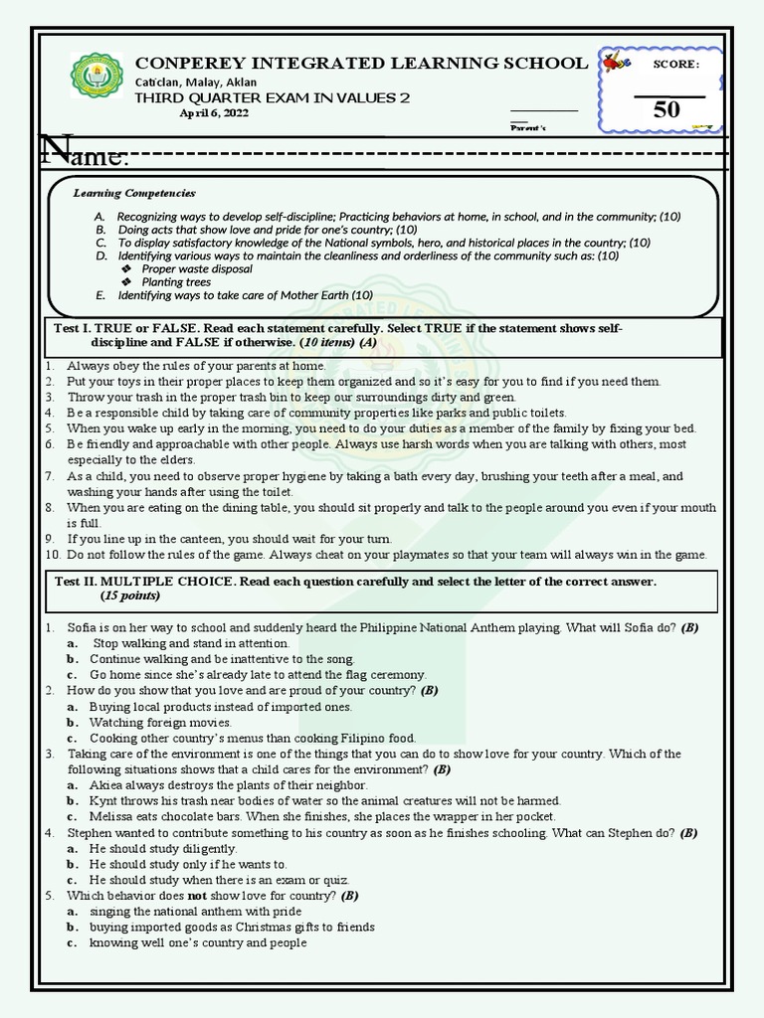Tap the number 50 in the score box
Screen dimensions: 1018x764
667,109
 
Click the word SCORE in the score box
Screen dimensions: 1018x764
675,65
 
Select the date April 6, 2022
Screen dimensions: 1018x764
214,113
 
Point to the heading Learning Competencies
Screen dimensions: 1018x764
134,193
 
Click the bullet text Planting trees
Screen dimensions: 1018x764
176,282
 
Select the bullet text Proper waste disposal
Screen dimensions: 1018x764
197,268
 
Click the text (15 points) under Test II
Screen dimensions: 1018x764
130,596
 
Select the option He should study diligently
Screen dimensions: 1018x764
163,849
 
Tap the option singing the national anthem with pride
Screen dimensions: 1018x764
195,912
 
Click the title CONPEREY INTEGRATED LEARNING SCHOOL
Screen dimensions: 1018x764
361,64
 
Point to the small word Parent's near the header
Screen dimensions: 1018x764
528,128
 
